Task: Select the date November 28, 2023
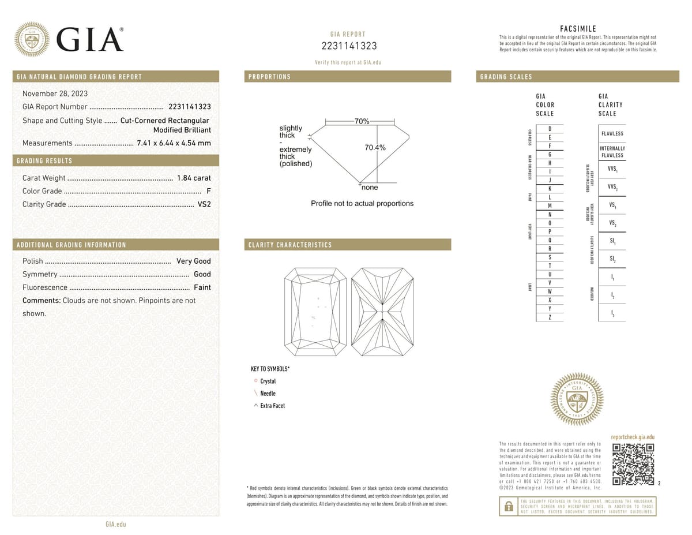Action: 55,93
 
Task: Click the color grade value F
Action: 208,191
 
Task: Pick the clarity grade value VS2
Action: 204,204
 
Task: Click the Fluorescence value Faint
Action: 202,287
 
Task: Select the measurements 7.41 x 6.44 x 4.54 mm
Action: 174,143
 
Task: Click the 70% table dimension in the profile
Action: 362,122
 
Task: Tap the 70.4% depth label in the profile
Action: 375,148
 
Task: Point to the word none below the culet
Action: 370,188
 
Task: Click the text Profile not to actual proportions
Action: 362,204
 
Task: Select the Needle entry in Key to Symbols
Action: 268,394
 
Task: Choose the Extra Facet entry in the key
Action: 272,406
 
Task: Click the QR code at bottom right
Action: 633,464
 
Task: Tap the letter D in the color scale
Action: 550,129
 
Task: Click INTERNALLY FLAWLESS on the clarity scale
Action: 612,152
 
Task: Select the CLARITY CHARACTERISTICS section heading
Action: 290,245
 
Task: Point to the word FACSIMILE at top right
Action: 578,29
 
